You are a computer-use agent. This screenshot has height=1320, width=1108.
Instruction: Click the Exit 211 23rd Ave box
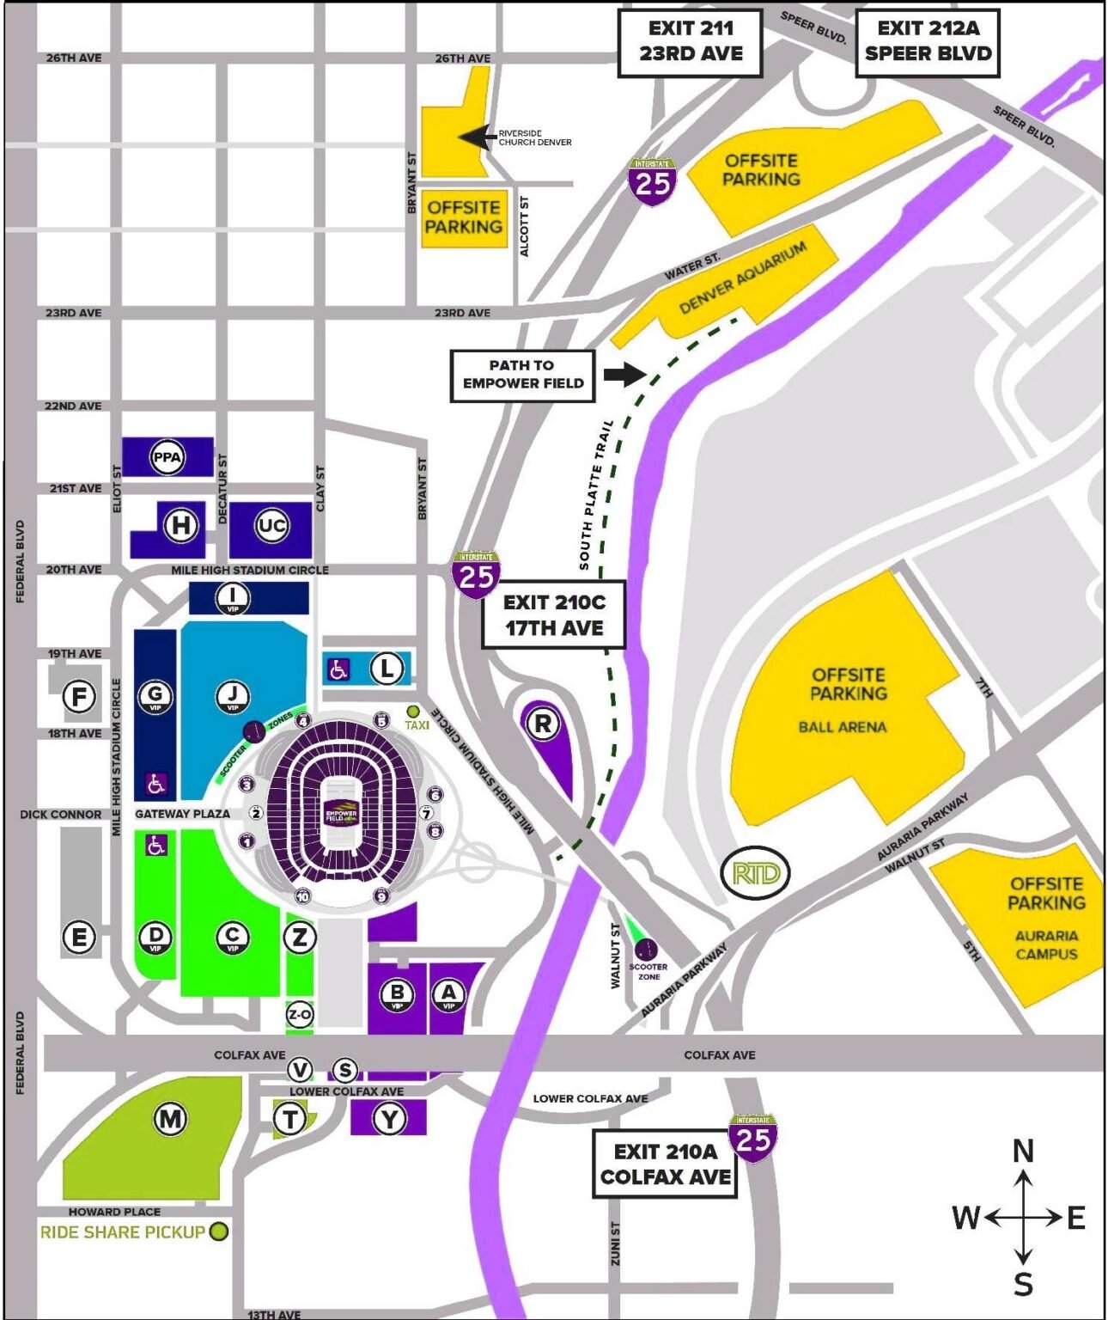[690, 41]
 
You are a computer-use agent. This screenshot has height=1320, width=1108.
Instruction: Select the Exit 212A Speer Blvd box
[927, 41]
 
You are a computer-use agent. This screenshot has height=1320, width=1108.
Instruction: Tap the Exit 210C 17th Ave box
[554, 615]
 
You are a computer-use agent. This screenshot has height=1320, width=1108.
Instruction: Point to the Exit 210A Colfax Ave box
[665, 1164]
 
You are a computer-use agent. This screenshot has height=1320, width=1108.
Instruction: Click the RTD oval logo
[755, 874]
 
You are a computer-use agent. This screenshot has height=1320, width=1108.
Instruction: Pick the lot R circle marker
[543, 724]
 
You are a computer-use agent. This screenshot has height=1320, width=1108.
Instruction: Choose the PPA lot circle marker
[167, 457]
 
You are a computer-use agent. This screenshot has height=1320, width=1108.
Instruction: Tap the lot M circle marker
[170, 1119]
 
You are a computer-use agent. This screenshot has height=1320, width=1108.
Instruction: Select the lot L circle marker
[387, 668]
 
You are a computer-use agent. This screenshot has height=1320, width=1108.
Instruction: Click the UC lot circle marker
[271, 525]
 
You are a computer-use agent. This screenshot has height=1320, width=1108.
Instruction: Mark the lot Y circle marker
[390, 1119]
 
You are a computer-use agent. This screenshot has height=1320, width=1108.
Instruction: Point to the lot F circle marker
[79, 696]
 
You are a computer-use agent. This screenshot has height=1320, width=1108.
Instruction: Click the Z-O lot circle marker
[299, 1015]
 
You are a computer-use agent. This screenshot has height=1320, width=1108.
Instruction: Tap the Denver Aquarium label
[743, 278]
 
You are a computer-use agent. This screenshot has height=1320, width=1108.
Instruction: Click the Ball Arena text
[842, 727]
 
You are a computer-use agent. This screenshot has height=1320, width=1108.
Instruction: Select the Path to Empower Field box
[522, 375]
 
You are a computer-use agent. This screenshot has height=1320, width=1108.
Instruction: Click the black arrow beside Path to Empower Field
[624, 374]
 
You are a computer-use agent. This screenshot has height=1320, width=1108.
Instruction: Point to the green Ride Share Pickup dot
[219, 1231]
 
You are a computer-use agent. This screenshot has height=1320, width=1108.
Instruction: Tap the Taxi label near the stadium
[417, 725]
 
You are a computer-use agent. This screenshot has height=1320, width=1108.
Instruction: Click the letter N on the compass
[1023, 1152]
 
